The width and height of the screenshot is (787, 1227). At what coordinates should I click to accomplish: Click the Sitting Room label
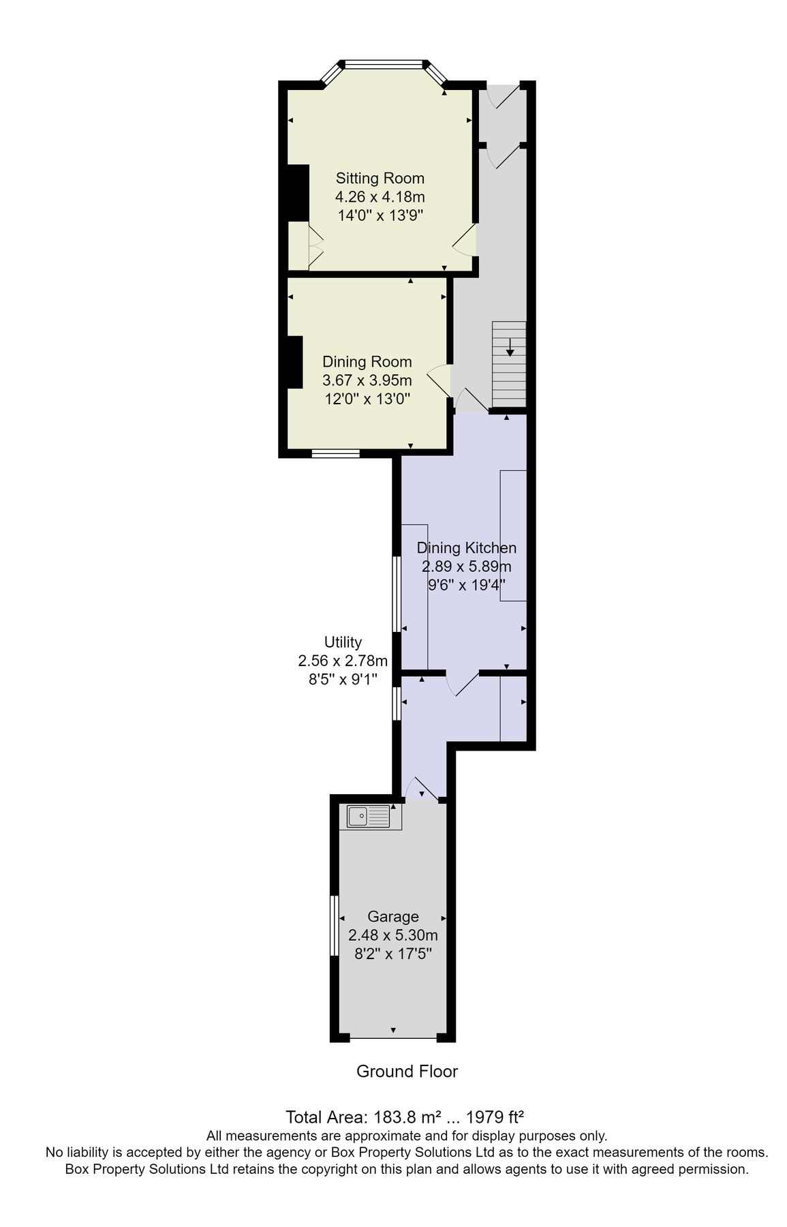click(380, 179)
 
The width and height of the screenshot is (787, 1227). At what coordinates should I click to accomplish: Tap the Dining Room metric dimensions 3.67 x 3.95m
click(367, 380)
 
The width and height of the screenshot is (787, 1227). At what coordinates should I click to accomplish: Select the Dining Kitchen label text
click(466, 548)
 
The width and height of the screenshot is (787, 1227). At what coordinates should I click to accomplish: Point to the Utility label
click(343, 642)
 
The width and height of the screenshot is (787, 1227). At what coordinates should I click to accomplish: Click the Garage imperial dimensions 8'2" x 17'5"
click(392, 954)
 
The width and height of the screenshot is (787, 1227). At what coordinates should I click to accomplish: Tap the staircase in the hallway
click(509, 364)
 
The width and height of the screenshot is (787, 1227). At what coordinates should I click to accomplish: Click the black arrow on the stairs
click(510, 348)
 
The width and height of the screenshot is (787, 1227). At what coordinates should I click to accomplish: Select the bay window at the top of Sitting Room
click(384, 65)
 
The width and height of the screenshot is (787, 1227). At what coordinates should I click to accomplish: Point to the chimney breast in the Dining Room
click(294, 362)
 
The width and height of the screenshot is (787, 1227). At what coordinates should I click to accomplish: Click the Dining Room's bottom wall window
click(335, 453)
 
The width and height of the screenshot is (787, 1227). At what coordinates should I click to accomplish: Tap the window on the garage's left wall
click(335, 926)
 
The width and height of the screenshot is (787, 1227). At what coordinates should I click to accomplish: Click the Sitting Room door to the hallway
click(465, 239)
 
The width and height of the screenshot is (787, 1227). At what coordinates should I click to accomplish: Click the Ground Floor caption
click(407, 1072)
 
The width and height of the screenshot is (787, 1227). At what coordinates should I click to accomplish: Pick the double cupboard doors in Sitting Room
click(315, 246)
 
